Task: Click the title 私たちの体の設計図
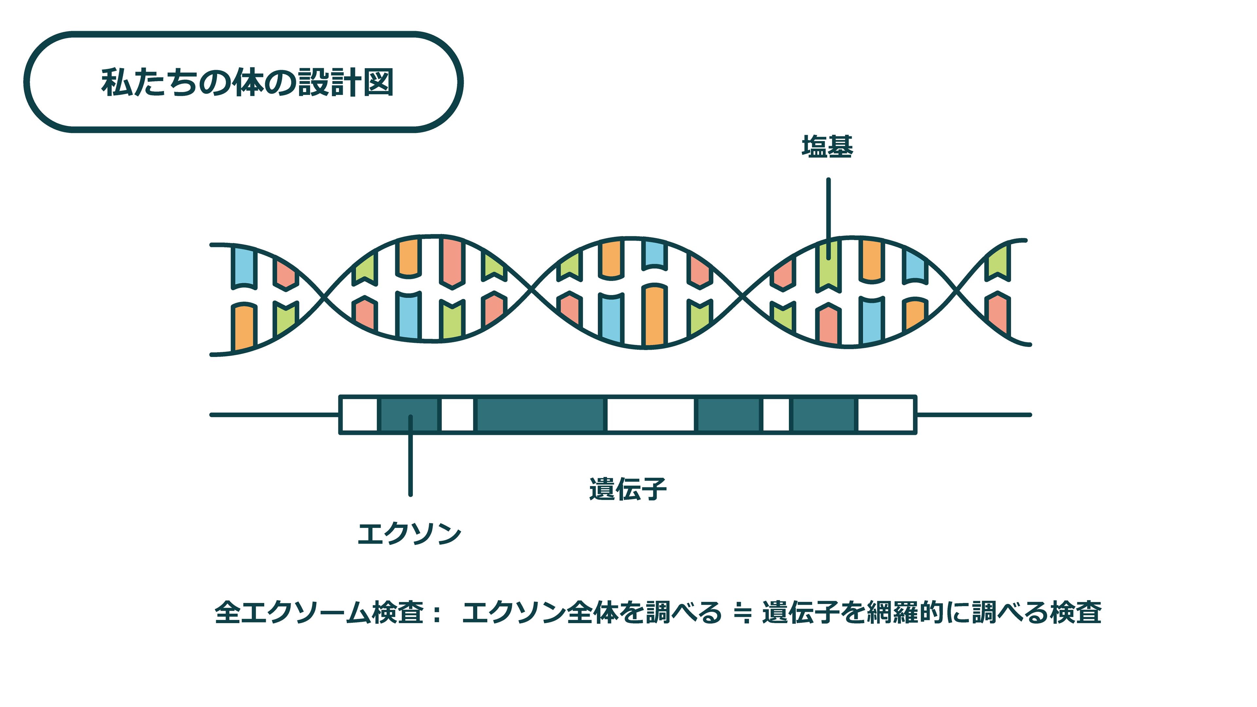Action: coord(247,82)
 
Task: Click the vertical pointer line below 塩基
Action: coord(828,210)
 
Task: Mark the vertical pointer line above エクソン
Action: coord(410,464)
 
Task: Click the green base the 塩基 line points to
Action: coord(828,266)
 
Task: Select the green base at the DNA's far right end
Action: coord(997,264)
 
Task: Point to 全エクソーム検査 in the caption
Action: coord(319,613)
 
